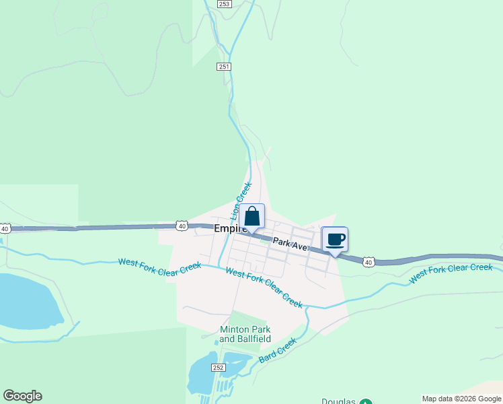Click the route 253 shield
click(225, 4)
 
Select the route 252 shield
click(218, 367)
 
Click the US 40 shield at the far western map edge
click(5, 229)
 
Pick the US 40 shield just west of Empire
click(182, 226)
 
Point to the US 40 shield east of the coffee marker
click(369, 261)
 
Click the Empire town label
click(227, 229)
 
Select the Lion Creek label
click(242, 200)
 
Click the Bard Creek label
click(278, 350)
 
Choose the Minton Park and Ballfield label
click(245, 334)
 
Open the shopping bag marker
click(252, 217)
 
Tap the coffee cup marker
click(336, 240)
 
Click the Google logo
click(22, 396)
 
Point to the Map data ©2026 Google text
click(461, 399)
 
